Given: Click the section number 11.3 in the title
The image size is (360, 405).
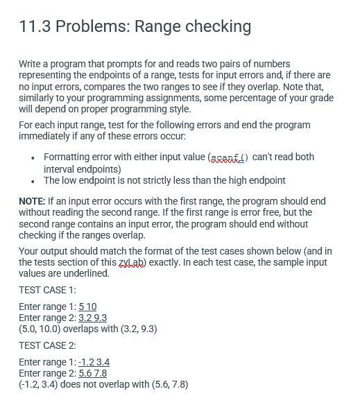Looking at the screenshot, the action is (x=35, y=26).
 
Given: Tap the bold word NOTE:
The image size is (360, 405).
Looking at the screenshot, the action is (x=32, y=201).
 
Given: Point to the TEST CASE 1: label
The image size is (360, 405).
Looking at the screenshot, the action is (x=47, y=290).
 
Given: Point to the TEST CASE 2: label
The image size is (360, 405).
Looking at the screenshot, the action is (x=47, y=345).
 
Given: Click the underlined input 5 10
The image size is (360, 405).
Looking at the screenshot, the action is (x=87, y=307).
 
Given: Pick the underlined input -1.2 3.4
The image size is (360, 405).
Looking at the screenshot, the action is (x=94, y=362).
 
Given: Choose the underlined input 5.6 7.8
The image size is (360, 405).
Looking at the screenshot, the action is (x=93, y=373).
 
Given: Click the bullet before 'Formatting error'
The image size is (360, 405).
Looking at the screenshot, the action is (x=33, y=157).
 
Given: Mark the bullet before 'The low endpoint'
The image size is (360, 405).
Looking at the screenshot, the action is (x=33, y=180).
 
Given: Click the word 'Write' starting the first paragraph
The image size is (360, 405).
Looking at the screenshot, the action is (x=31, y=64).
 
